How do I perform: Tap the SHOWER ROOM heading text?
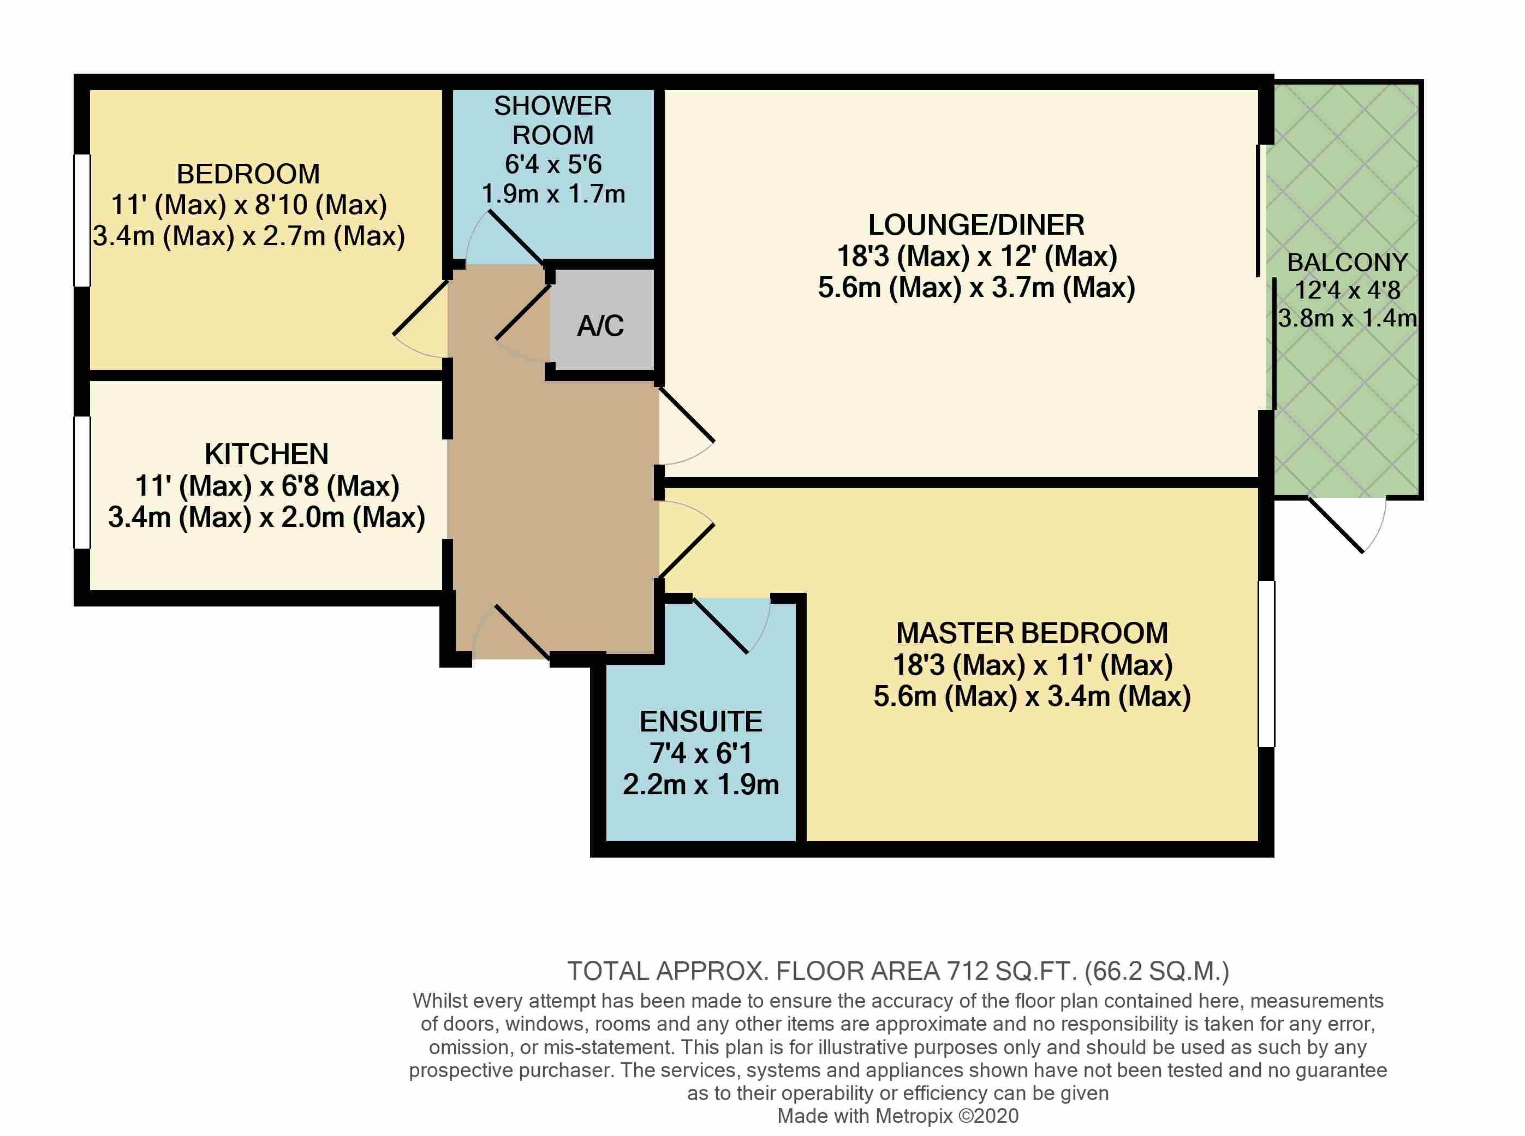tap(553, 120)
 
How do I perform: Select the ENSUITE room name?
tap(701, 721)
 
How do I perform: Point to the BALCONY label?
tap(1347, 262)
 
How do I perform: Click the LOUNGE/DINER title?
tap(976, 225)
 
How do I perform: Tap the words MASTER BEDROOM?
tap(1032, 633)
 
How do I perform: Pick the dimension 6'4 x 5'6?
tap(553, 164)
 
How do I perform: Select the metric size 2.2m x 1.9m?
tap(701, 784)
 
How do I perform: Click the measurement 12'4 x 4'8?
tap(1347, 290)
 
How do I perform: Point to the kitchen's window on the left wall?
tap(82, 482)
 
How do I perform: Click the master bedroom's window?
tap(1266, 664)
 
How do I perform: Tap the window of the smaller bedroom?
tap(82, 220)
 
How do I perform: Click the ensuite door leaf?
tap(720, 625)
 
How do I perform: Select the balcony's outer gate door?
tap(1335, 525)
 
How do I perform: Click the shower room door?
tap(516, 239)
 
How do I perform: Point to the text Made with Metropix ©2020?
tap(897, 1116)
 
